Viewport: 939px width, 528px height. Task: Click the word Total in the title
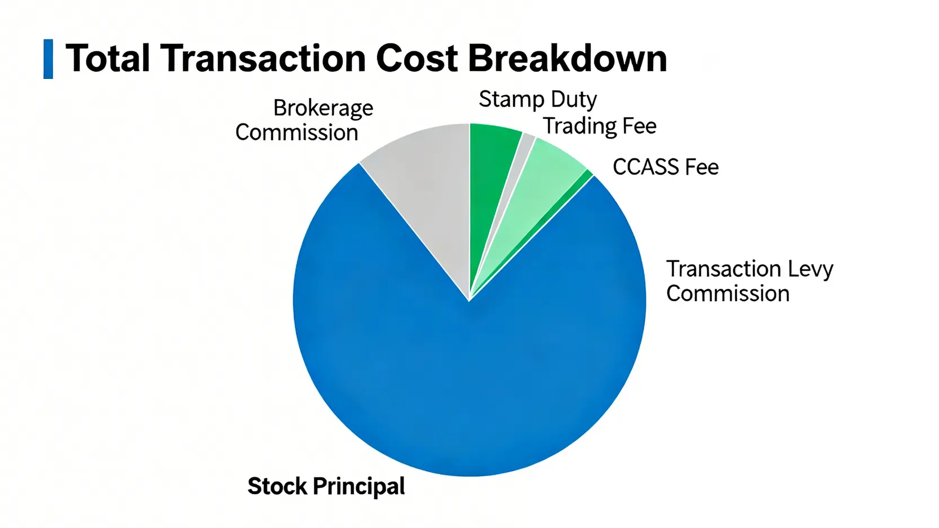[108, 59]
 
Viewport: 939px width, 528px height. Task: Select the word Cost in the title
[417, 59]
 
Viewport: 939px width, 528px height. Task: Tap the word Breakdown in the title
[567, 59]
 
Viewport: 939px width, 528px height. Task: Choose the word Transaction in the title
[263, 59]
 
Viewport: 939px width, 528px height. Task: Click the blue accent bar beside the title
[48, 59]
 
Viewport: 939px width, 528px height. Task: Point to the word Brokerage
[323, 109]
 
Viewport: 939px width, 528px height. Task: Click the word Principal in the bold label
[359, 487]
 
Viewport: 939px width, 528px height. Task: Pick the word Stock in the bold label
[277, 486]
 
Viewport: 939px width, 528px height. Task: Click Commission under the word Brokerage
[297, 133]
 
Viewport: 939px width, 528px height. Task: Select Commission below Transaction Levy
[728, 294]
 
